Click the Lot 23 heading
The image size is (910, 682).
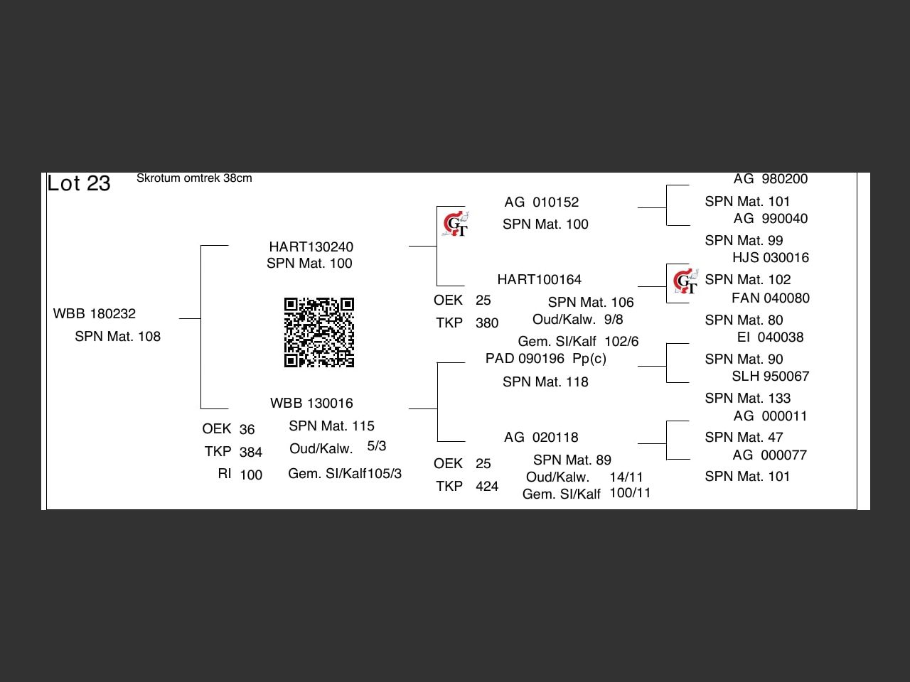79,183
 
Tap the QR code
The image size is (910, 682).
318,332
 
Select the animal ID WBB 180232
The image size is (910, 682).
95,314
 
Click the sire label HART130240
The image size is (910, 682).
311,247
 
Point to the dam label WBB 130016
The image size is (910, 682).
311,404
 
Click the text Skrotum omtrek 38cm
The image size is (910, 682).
194,178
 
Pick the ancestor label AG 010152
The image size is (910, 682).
541,202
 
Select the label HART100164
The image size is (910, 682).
539,280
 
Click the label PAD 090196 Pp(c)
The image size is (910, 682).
545,359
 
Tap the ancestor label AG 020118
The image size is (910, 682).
541,438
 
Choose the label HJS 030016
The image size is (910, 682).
771,258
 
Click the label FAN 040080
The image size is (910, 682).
771,298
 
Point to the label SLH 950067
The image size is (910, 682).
771,377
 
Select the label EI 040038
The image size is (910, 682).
771,337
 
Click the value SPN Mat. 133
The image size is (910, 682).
748,399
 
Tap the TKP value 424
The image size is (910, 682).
487,487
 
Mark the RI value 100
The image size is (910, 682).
251,475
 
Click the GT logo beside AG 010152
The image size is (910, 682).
455,224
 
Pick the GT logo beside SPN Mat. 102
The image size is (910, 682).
685,282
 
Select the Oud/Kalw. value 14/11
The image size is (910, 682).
626,477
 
